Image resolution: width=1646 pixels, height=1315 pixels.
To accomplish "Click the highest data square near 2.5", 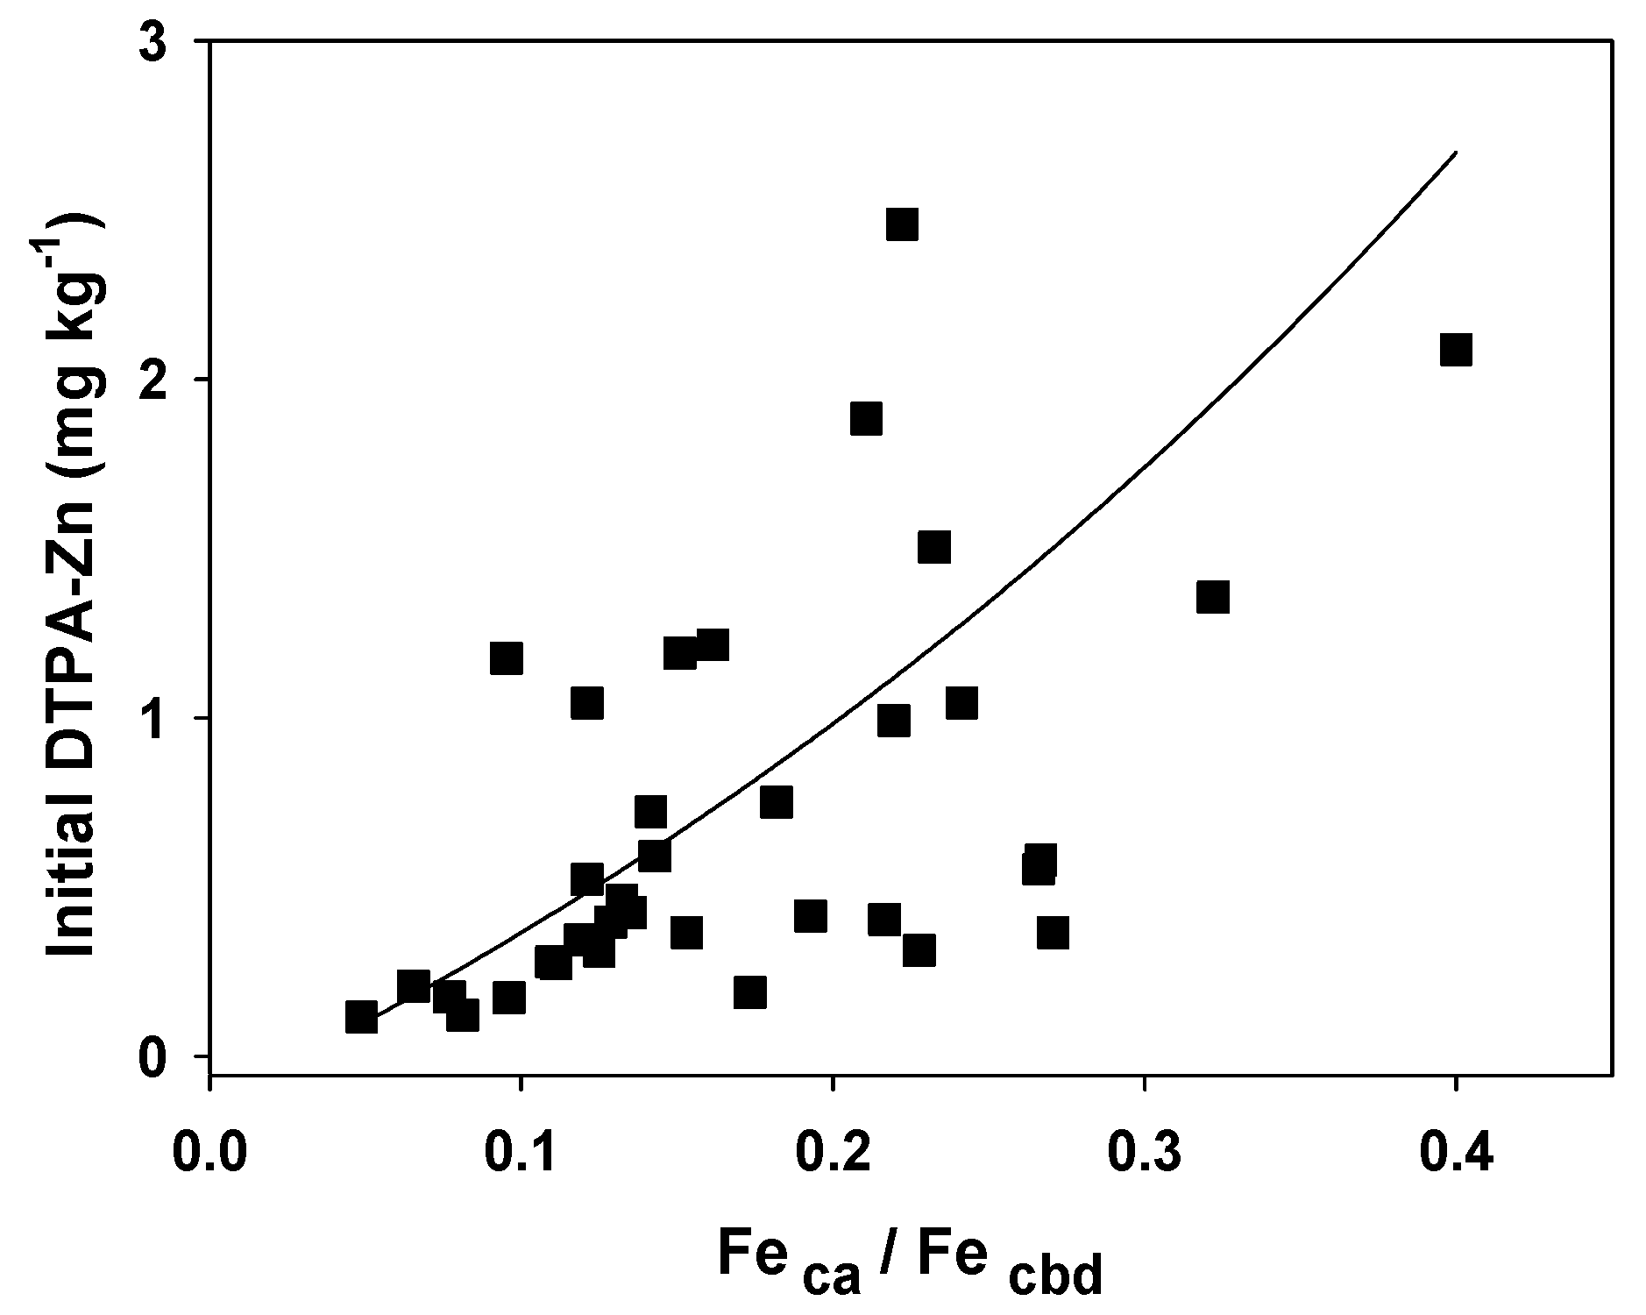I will coord(902,224).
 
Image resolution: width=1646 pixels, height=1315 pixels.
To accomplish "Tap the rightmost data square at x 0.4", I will coord(1456,350).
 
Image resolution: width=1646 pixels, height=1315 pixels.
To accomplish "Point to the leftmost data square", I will coord(361,1017).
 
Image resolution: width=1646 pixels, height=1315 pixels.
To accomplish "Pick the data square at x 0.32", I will coord(1213,597).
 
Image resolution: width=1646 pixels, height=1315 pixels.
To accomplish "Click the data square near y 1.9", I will coord(866,419).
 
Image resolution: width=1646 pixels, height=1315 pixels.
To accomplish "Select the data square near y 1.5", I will coord(934,547).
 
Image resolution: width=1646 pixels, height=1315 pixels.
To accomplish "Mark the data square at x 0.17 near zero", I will coord(750,992).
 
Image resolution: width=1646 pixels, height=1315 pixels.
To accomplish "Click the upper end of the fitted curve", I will coord(1455,153).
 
